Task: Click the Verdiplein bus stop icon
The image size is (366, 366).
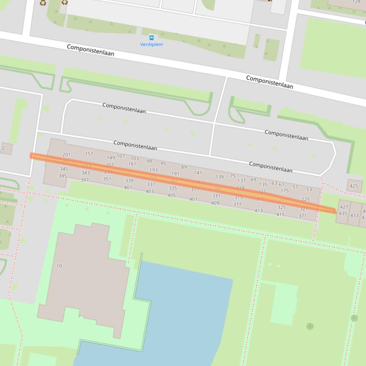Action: tap(152, 38)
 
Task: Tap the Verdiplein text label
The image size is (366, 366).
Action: tap(152, 45)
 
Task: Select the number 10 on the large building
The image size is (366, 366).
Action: tap(59, 266)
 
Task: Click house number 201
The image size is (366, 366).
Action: tap(66, 154)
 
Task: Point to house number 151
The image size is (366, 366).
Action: tap(89, 154)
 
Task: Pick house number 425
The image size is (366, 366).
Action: tap(354, 186)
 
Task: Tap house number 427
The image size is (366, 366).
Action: tap(344, 207)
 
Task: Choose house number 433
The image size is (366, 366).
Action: tap(354, 215)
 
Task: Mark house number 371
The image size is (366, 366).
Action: tap(303, 216)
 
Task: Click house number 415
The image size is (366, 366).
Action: tap(280, 214)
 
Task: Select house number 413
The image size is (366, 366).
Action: tap(259, 211)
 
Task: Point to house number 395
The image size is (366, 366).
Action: tap(63, 176)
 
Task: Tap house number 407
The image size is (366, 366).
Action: tap(193, 199)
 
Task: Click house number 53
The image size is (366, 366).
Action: tap(309, 189)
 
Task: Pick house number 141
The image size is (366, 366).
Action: tap(198, 173)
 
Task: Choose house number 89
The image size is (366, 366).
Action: tap(184, 167)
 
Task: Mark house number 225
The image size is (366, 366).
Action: tap(306, 200)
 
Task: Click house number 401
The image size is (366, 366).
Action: tap(128, 187)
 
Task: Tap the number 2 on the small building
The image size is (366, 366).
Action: tap(3, 148)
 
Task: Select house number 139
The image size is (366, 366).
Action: tap(220, 177)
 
